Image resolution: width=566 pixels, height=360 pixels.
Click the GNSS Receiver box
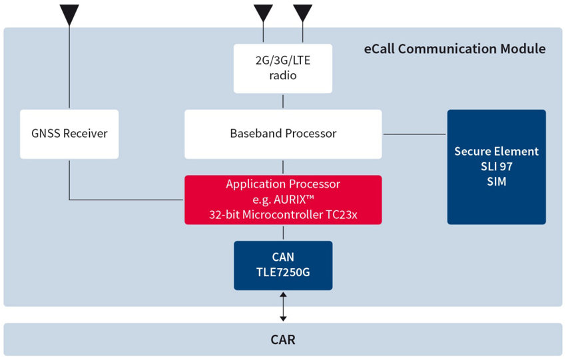tap(69, 134)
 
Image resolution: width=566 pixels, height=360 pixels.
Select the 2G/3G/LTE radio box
tap(283, 69)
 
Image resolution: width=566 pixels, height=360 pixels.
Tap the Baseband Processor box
tap(283, 134)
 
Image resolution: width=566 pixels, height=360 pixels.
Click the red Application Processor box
tap(283, 200)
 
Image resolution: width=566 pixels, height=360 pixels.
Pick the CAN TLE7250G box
tap(283, 266)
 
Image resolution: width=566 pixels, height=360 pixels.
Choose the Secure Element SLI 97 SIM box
tap(496, 167)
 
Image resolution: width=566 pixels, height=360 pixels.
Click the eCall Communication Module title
tap(454, 49)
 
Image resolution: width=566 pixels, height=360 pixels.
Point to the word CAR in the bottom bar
tap(283, 339)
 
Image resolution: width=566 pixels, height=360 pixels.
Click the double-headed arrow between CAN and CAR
tap(284, 307)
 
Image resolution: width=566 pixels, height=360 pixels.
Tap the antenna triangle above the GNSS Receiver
tap(69, 15)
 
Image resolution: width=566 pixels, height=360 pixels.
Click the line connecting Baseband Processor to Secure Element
tap(414, 134)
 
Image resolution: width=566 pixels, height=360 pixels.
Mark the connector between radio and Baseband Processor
tap(283, 101)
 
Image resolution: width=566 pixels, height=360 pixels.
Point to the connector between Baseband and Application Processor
tap(283, 167)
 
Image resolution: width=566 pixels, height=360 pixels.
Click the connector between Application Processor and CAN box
tap(284, 233)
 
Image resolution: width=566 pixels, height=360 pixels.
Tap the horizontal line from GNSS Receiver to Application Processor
tap(126, 200)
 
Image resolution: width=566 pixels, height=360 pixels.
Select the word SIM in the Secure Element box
tap(497, 182)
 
